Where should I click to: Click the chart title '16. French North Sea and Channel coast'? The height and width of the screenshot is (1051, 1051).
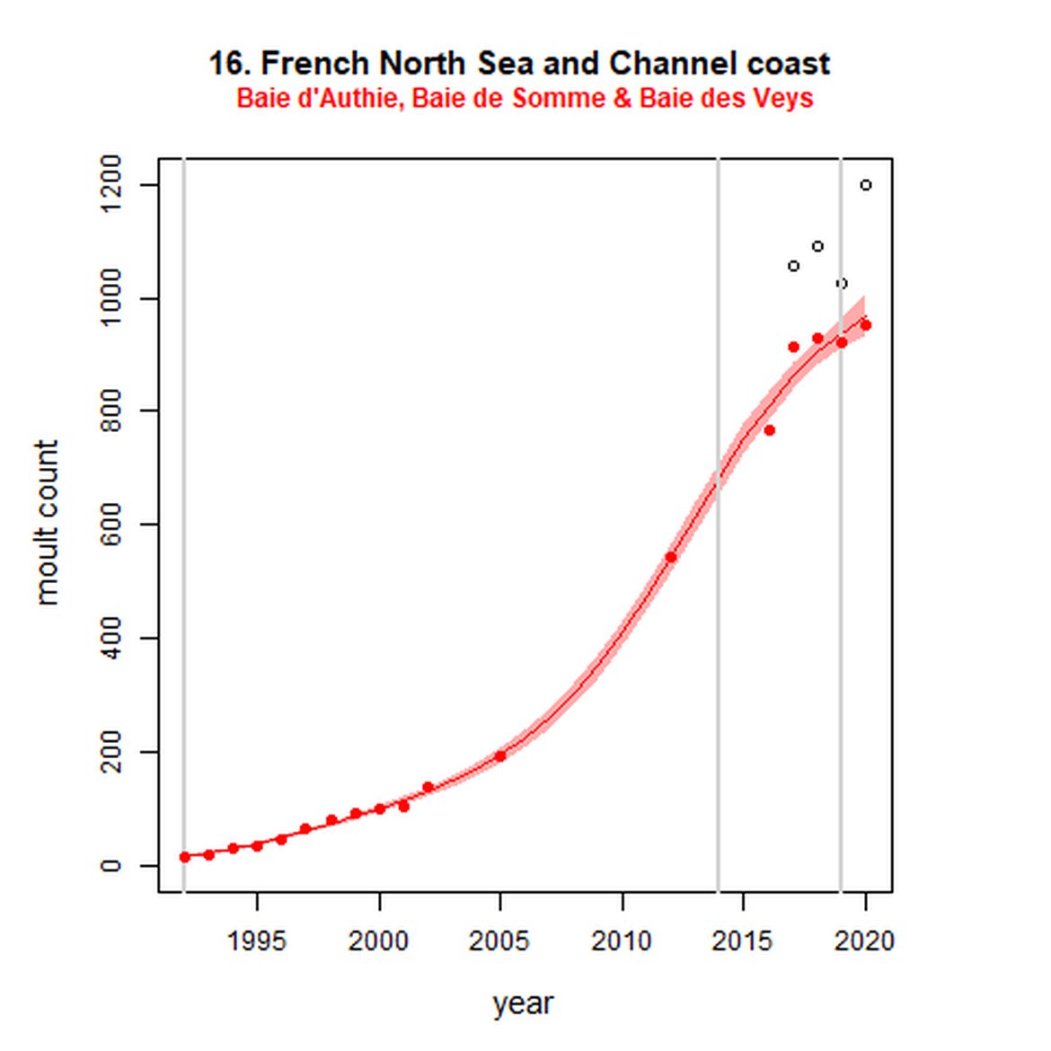click(519, 64)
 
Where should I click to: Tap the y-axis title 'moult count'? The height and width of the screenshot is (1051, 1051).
click(47, 523)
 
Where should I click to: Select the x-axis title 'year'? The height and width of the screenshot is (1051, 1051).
click(523, 1003)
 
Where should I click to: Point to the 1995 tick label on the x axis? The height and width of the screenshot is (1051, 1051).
click(257, 941)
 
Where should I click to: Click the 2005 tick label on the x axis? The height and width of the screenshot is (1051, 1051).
click(499, 941)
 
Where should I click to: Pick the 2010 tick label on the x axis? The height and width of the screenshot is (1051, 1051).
click(622, 941)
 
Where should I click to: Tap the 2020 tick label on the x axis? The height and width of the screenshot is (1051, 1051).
click(865, 941)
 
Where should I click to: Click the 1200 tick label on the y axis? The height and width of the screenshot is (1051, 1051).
click(111, 184)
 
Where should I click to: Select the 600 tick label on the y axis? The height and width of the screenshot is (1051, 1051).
click(111, 524)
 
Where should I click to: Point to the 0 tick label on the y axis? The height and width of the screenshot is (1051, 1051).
click(111, 865)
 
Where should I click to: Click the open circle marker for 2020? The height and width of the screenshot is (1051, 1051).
click(866, 185)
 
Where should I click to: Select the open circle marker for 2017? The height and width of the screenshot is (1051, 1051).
click(793, 266)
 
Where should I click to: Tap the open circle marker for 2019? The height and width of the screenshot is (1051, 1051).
click(842, 284)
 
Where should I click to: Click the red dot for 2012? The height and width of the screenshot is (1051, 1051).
click(670, 558)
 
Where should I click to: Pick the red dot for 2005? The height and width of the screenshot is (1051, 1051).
click(500, 756)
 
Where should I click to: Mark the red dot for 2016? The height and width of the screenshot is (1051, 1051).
click(769, 430)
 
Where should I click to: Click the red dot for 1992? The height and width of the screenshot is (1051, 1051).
click(185, 857)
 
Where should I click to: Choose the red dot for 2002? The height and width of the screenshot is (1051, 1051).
click(428, 787)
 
